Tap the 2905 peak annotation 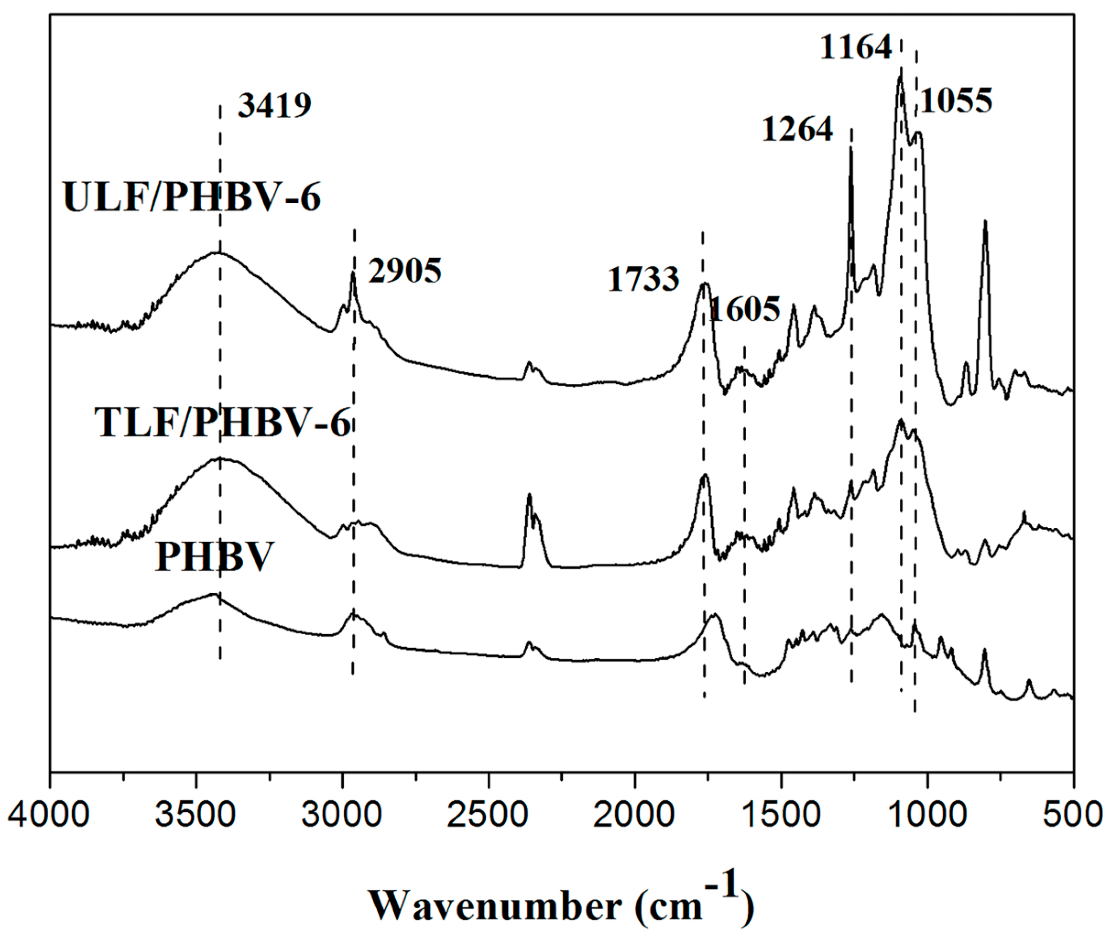point(405,271)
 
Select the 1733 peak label point(644,279)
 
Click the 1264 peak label point(797,129)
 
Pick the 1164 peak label point(856,47)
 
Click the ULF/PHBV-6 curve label point(192,197)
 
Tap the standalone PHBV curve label point(214,557)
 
